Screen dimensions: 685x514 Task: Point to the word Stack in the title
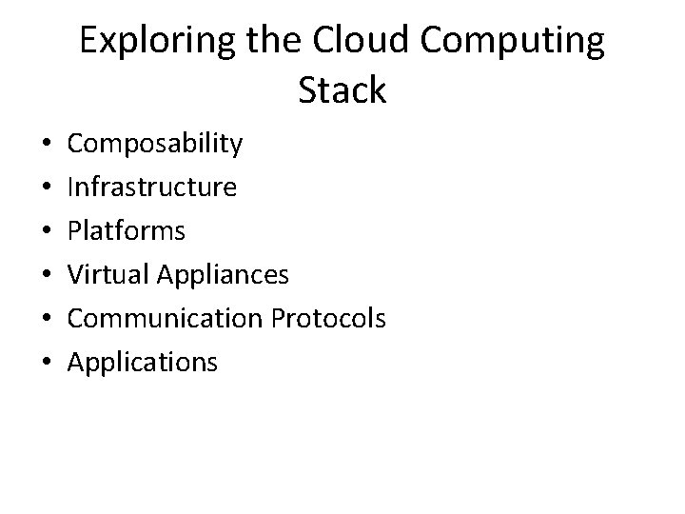[342, 91]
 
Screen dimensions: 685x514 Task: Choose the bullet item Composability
[155, 144]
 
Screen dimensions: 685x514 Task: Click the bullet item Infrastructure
[152, 188]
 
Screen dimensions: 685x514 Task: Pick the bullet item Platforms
[127, 231]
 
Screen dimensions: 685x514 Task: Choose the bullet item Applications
[143, 363]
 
